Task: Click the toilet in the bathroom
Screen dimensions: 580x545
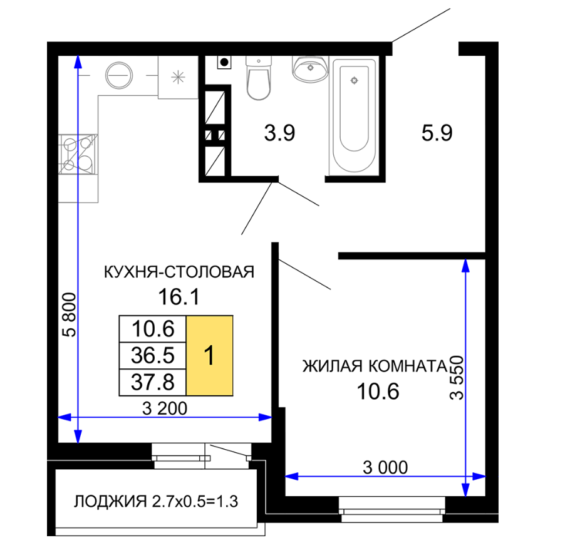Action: [x=259, y=78]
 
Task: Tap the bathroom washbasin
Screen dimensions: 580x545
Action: [x=310, y=69]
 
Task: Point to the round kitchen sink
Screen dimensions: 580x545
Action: [x=119, y=75]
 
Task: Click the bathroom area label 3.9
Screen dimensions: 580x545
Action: [x=279, y=133]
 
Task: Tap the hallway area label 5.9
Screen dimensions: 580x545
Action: [x=437, y=133]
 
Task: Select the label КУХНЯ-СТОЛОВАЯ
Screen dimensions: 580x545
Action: [x=179, y=272]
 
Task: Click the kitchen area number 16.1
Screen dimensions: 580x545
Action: [x=179, y=297]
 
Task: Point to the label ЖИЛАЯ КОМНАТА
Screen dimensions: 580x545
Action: [x=375, y=366]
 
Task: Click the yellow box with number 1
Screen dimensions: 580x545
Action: [x=209, y=356]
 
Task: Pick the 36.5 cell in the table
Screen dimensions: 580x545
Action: [x=152, y=356]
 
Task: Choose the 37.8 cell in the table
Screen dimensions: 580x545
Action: [x=152, y=382]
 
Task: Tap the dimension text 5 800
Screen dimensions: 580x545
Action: [x=70, y=315]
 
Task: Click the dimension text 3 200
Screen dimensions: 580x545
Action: [x=165, y=408]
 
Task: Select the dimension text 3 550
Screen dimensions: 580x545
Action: [x=457, y=378]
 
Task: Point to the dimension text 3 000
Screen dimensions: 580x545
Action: [x=385, y=468]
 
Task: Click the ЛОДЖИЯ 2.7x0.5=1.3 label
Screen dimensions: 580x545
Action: [x=156, y=502]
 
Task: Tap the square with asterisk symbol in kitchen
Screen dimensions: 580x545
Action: [x=179, y=77]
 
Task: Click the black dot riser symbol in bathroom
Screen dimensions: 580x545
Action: [x=224, y=62]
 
